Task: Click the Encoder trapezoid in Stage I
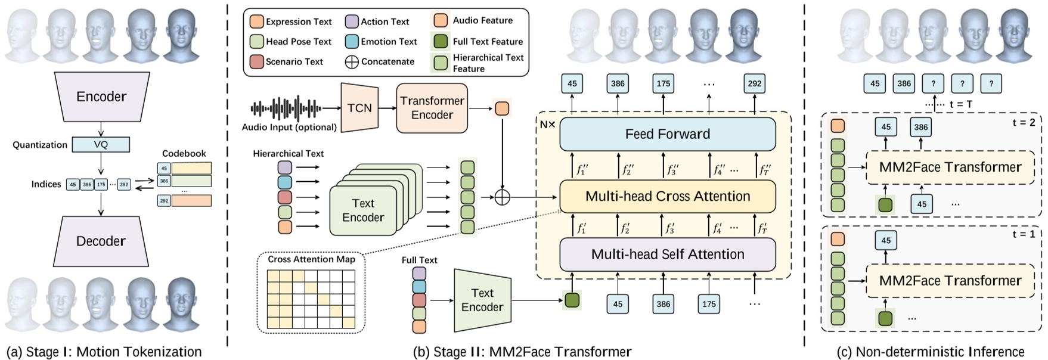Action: point(101,96)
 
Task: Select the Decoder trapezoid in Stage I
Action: point(101,241)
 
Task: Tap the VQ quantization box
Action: point(101,144)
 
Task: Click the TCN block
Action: point(359,108)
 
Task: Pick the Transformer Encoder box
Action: point(432,108)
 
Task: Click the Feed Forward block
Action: point(667,134)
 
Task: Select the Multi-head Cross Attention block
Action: point(667,196)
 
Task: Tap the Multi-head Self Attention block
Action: point(667,255)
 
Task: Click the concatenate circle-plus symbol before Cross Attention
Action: point(503,197)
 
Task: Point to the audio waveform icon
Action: point(286,108)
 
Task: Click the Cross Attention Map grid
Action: point(311,299)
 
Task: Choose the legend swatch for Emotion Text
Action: point(352,41)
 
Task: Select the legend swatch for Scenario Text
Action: point(256,61)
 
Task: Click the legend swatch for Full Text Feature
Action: point(441,41)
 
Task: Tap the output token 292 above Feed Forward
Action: point(754,83)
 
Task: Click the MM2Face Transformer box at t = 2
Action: point(950,167)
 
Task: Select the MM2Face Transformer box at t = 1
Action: point(950,281)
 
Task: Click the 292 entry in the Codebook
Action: point(164,201)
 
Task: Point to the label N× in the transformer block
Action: point(547,125)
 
